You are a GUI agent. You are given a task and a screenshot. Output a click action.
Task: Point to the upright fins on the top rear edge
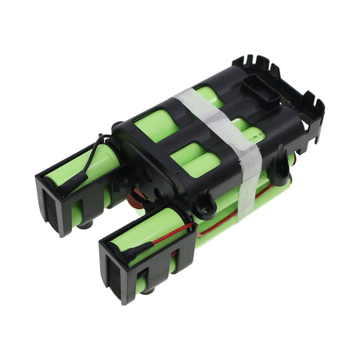(258, 66)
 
